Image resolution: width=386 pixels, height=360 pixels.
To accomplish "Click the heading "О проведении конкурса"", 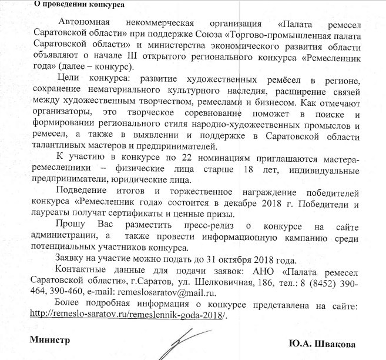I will [x=72, y=5].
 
